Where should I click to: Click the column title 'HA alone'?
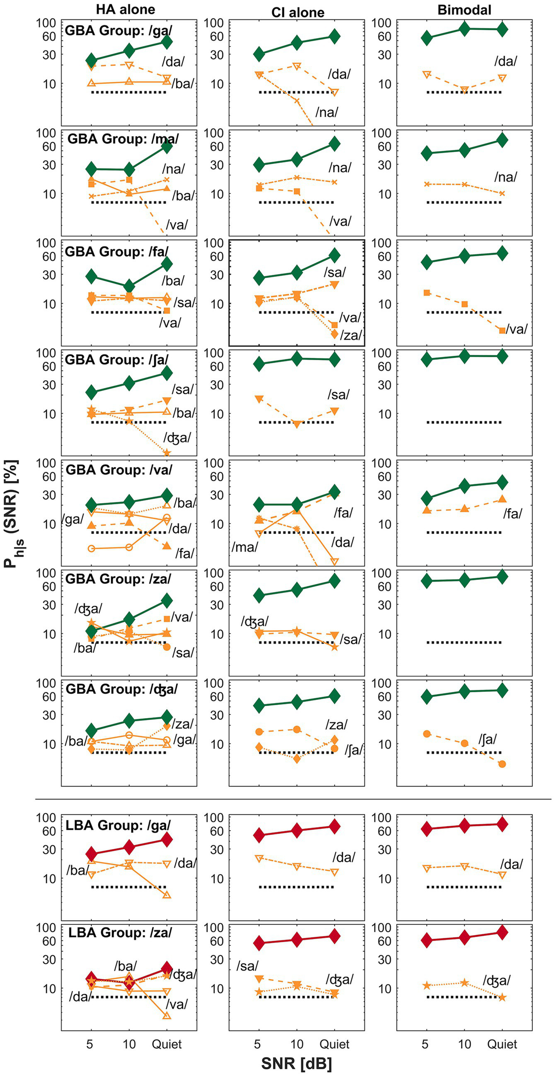125,9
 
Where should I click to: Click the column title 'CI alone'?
298,12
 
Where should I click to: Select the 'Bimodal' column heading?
464,10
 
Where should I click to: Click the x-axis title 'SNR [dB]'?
296,1063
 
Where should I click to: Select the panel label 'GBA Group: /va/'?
119,470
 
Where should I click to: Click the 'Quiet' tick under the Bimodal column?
502,1044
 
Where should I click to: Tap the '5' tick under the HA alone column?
90,1044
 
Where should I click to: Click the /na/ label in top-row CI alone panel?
326,112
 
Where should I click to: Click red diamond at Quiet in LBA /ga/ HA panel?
167,839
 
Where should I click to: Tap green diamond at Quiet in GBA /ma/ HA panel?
167,146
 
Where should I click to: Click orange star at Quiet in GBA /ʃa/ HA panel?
167,453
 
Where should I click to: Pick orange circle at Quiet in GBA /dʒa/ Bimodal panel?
502,764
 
